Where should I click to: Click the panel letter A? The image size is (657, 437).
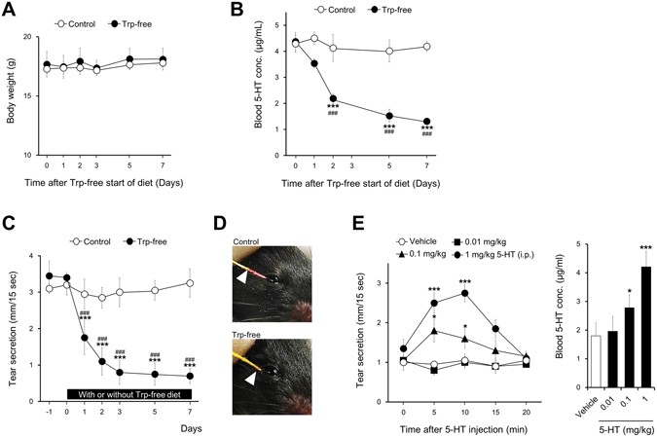click(13, 12)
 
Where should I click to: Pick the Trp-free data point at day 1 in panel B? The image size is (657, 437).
click(313, 64)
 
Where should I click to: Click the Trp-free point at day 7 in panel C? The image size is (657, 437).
click(189, 376)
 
